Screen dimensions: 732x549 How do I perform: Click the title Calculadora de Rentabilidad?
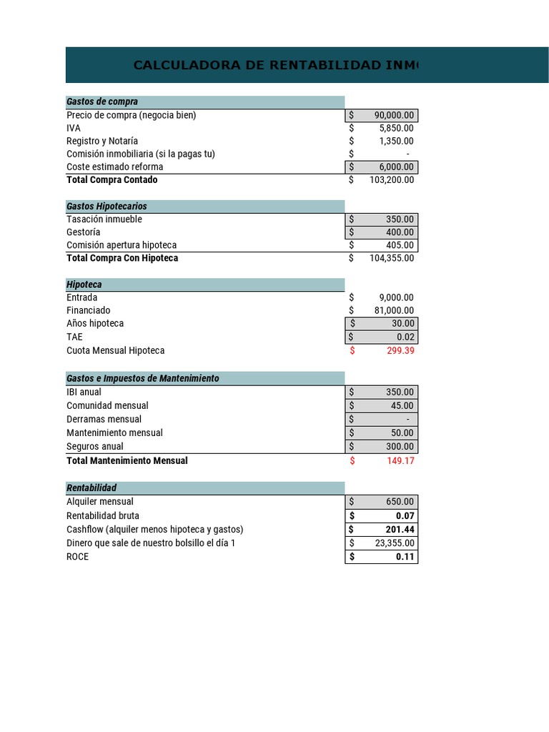pos(276,66)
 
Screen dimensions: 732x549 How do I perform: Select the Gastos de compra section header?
pos(102,102)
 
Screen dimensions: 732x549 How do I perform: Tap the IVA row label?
pos(74,128)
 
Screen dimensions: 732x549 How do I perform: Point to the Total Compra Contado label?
pos(112,180)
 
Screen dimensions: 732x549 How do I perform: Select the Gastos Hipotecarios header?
pos(107,206)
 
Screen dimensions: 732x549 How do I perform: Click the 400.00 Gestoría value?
pos(401,232)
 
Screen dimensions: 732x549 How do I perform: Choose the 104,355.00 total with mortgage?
pos(392,258)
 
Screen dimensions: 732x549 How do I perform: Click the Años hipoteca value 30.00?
pos(402,323)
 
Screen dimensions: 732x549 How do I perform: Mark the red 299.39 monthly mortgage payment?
pos(401,350)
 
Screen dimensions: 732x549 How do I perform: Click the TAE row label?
pos(75,337)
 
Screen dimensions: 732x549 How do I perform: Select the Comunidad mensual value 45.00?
pos(402,405)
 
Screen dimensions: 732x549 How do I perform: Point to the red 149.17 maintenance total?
pos(401,461)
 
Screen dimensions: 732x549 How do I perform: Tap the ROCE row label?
pos(78,556)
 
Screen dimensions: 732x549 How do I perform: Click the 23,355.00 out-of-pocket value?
pos(395,543)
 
